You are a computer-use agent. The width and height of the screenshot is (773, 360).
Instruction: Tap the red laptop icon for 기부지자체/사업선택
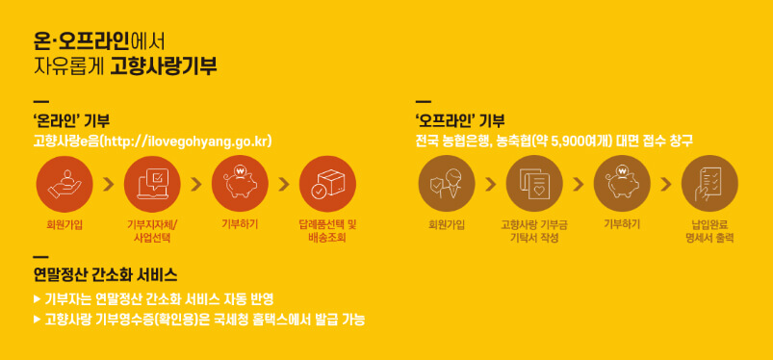coord(153,183)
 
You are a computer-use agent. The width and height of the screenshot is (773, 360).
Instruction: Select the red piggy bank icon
coord(240,183)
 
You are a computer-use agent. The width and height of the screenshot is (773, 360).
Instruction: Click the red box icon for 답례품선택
coord(327,183)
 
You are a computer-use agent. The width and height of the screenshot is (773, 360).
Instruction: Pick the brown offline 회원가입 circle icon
coord(447,183)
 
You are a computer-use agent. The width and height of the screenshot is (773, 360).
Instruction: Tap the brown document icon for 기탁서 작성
coord(533,183)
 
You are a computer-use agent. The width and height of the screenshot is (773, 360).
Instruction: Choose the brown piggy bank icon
coord(622,183)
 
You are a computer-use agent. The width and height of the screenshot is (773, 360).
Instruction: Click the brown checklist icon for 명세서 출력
coord(709,183)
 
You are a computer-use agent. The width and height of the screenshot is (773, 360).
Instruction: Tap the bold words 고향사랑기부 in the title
coord(163,66)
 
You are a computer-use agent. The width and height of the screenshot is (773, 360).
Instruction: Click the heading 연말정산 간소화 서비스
coord(105,274)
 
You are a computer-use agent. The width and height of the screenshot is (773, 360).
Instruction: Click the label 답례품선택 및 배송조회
coord(327,230)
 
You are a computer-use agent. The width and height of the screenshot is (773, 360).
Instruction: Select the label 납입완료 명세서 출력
coord(709,230)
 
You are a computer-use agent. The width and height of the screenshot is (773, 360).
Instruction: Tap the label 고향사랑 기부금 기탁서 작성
coord(533,230)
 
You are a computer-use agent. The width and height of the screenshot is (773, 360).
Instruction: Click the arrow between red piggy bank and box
coord(284,183)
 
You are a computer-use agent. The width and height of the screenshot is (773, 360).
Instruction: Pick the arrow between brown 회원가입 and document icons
coord(490,183)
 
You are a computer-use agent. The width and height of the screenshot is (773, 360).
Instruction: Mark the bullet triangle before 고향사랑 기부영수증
coord(38,319)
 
